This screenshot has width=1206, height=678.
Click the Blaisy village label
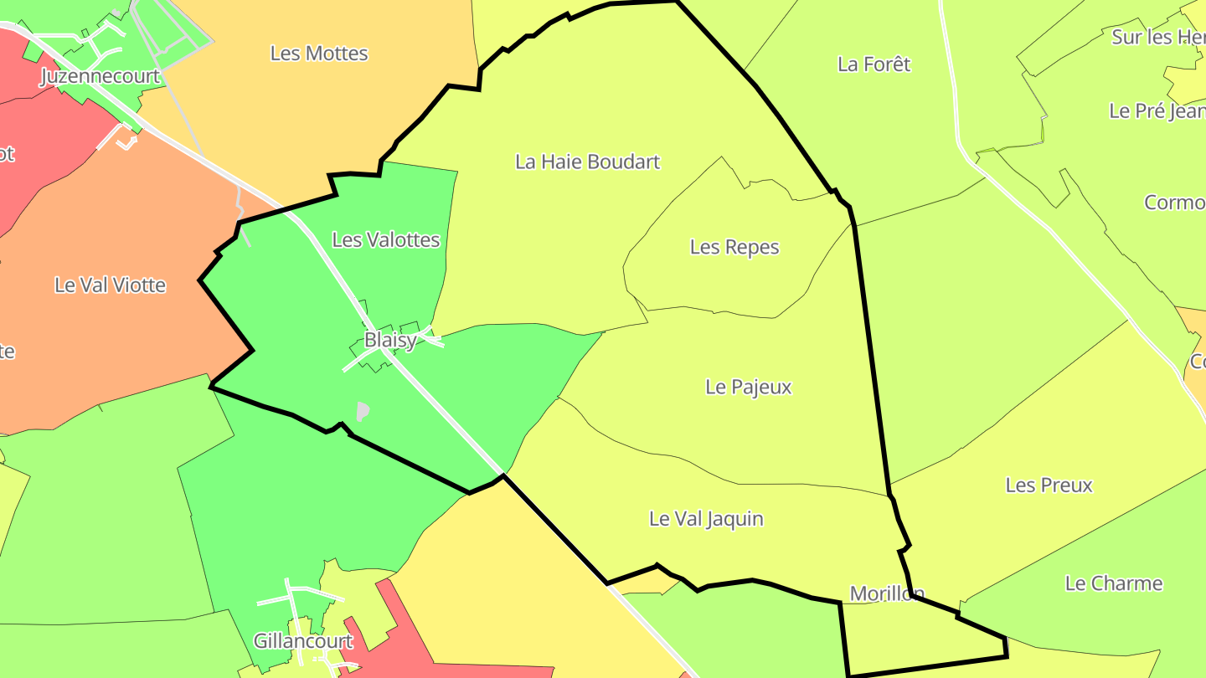[390, 341]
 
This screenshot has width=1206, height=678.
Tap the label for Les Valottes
[386, 240]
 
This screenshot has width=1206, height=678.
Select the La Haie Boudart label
[588, 162]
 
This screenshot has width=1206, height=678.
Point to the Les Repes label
[734, 248]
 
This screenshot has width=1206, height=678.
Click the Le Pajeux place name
[749, 387]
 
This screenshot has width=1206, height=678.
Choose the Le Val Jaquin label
[707, 519]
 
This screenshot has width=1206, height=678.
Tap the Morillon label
[887, 593]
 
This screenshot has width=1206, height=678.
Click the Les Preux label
[1049, 485]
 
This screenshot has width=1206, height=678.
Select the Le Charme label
[1114, 583]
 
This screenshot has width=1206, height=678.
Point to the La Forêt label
[874, 64]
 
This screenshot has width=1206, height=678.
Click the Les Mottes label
[319, 54]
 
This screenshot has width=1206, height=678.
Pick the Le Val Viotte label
[111, 285]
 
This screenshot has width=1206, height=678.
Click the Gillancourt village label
[303, 642]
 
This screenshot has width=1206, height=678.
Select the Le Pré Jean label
[1157, 111]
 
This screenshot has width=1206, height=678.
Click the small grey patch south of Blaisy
[363, 411]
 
